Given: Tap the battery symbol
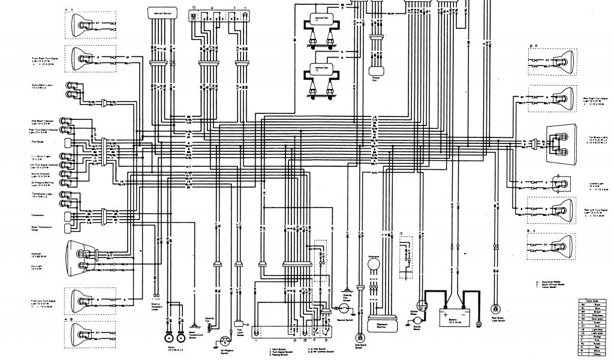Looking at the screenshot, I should [452, 314].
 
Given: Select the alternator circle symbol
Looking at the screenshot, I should [374, 263].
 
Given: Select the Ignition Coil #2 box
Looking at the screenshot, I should [323, 73].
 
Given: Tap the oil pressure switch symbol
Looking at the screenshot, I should [225, 340].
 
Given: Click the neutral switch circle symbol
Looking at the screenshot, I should [344, 307].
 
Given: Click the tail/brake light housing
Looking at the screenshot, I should [561, 143].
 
